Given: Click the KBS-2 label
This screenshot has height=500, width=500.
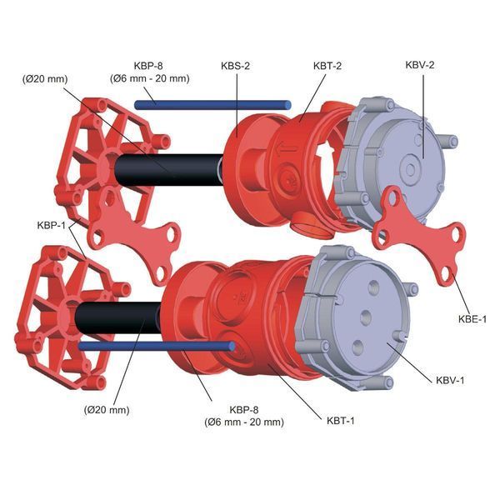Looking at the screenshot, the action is click(235, 66).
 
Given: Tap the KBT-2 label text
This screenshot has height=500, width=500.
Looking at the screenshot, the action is click(327, 66).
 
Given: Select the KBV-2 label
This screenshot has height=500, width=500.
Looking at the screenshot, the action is click(420, 65).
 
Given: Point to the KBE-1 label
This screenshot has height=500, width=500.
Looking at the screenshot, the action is click(472, 319).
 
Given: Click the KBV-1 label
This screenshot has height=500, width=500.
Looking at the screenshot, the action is click(450, 380).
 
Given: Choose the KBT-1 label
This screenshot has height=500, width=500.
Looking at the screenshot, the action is click(341, 421).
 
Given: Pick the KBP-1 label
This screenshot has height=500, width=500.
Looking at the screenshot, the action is click(51, 225).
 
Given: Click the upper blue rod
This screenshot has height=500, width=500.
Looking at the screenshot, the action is click(212, 105).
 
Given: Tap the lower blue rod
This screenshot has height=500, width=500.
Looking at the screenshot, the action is click(157, 347).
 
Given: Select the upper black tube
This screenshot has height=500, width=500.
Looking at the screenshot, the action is click(169, 170).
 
